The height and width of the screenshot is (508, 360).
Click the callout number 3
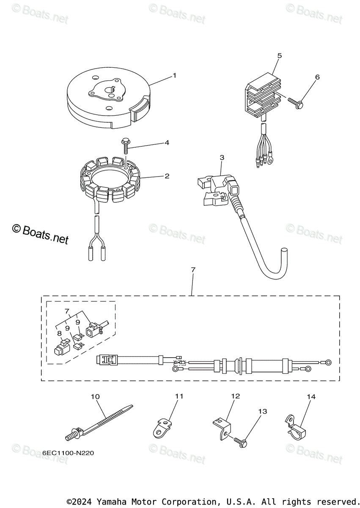tap(222, 157)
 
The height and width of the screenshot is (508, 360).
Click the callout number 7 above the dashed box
tap(193, 270)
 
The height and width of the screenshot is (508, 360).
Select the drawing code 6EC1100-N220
tap(68, 453)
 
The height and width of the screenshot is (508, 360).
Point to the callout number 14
tap(311, 397)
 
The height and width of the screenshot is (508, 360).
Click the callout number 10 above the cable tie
tap(95, 397)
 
